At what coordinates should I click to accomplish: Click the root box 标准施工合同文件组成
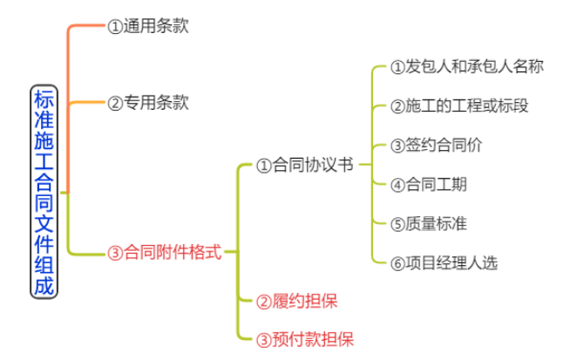[x=43, y=191]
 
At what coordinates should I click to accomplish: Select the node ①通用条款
[x=147, y=26]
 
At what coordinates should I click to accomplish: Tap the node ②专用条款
[x=147, y=103]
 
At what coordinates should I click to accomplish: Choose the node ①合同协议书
[x=304, y=165]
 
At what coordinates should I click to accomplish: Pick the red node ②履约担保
[x=296, y=302]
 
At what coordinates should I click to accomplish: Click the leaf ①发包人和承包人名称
[x=466, y=67]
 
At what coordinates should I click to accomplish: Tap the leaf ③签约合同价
[x=435, y=146]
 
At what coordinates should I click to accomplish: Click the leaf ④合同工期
[x=428, y=184]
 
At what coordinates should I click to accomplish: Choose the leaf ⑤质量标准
[x=428, y=223]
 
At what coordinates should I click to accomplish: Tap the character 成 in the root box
[x=43, y=284]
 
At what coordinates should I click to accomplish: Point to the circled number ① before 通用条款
[x=114, y=27]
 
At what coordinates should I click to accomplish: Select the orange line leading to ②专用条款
[x=87, y=103]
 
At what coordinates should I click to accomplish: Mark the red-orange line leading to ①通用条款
[x=87, y=26]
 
